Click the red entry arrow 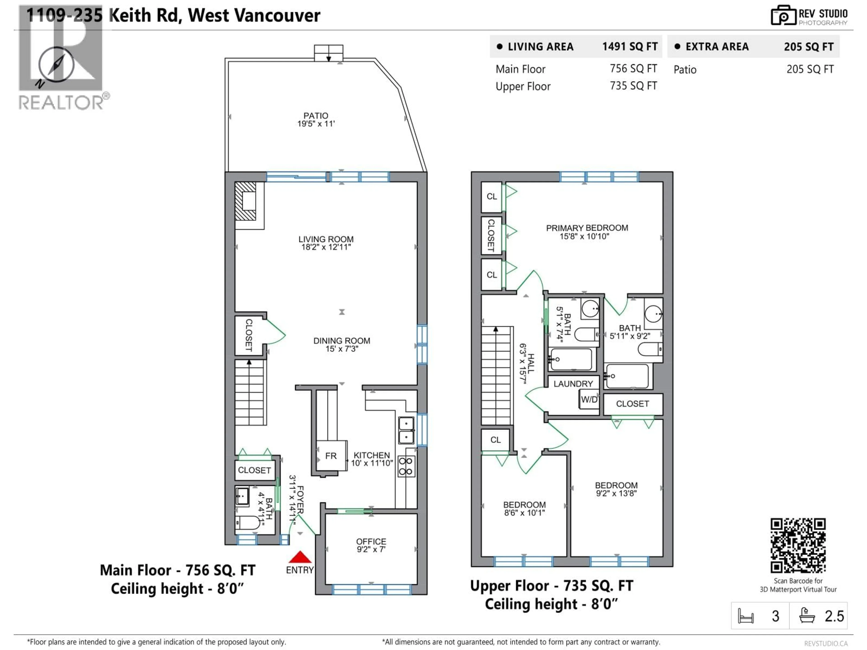click(x=300, y=557)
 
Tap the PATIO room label click(x=316, y=116)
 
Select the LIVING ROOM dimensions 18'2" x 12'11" click(x=326, y=247)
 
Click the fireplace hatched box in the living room click(x=245, y=201)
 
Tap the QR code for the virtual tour click(x=798, y=546)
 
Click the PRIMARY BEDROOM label click(x=587, y=228)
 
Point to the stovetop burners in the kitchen click(x=406, y=466)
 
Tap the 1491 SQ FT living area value click(x=629, y=47)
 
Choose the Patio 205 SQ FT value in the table click(x=810, y=69)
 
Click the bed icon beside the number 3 click(x=746, y=616)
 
